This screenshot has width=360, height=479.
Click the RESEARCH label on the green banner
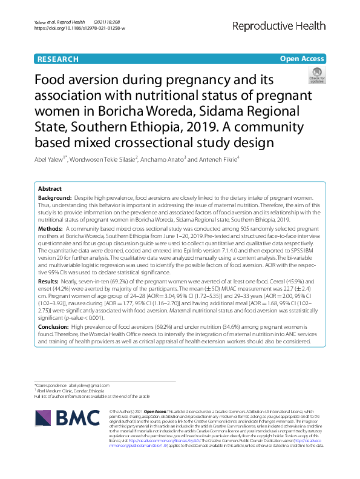click(x=58, y=59)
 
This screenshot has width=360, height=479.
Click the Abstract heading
click(x=50, y=189)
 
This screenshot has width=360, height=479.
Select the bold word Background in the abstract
click(x=55, y=199)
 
